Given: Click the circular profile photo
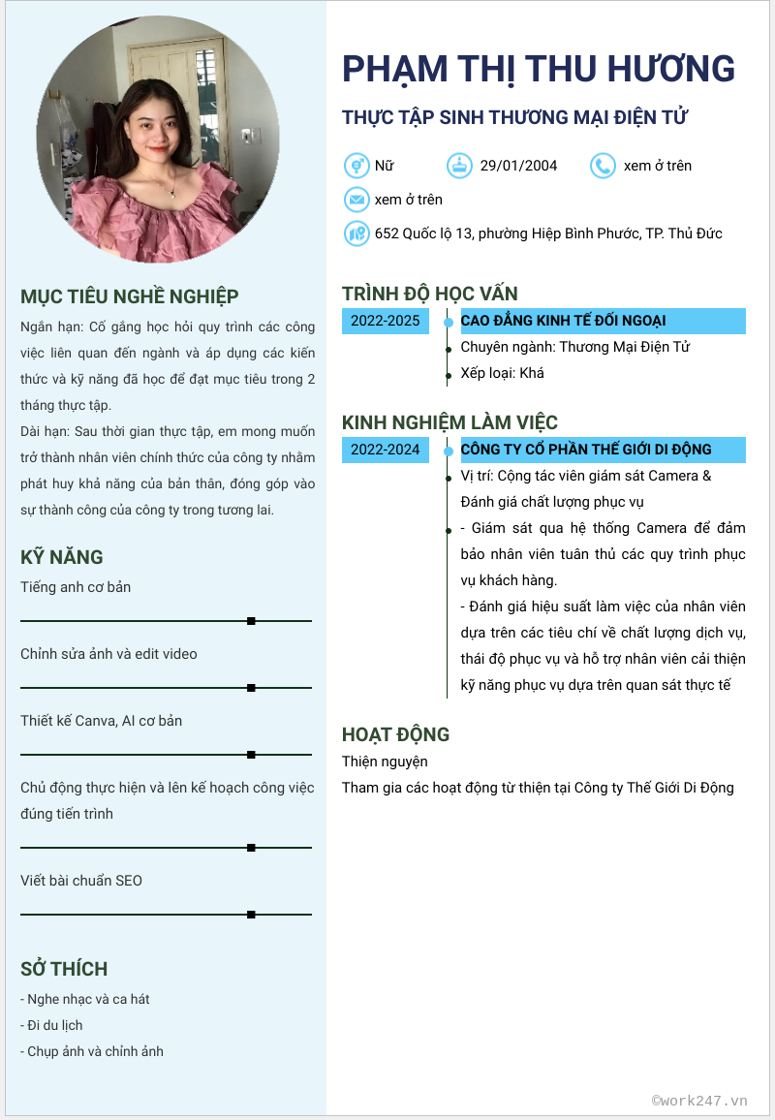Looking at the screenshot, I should click(x=158, y=140).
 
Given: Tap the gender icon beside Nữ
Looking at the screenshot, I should click(x=356, y=166).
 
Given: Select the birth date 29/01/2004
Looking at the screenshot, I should click(x=518, y=166).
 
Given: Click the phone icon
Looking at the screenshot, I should click(x=603, y=166).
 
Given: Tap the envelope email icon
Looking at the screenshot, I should click(x=356, y=200).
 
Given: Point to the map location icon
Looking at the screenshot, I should click(x=356, y=233).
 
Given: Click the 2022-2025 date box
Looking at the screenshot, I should click(x=386, y=321).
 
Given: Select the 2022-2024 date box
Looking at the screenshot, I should click(x=386, y=450).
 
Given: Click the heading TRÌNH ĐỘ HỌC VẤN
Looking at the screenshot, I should click(x=429, y=294).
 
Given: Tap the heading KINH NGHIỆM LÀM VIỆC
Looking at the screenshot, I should click(x=449, y=422).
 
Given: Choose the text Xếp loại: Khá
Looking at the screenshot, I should click(x=502, y=373).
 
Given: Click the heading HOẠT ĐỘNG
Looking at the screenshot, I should click(x=395, y=734).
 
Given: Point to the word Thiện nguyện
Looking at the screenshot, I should click(x=385, y=762).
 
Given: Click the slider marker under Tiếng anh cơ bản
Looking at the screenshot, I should click(x=251, y=620).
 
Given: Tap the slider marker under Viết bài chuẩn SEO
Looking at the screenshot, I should click(x=251, y=914).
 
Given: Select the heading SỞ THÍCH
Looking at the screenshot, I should click(x=64, y=969).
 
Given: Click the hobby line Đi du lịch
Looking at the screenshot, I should click(x=54, y=1025).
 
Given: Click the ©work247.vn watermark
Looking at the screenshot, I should click(x=699, y=1101).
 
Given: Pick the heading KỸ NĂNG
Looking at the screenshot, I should click(x=61, y=557).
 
